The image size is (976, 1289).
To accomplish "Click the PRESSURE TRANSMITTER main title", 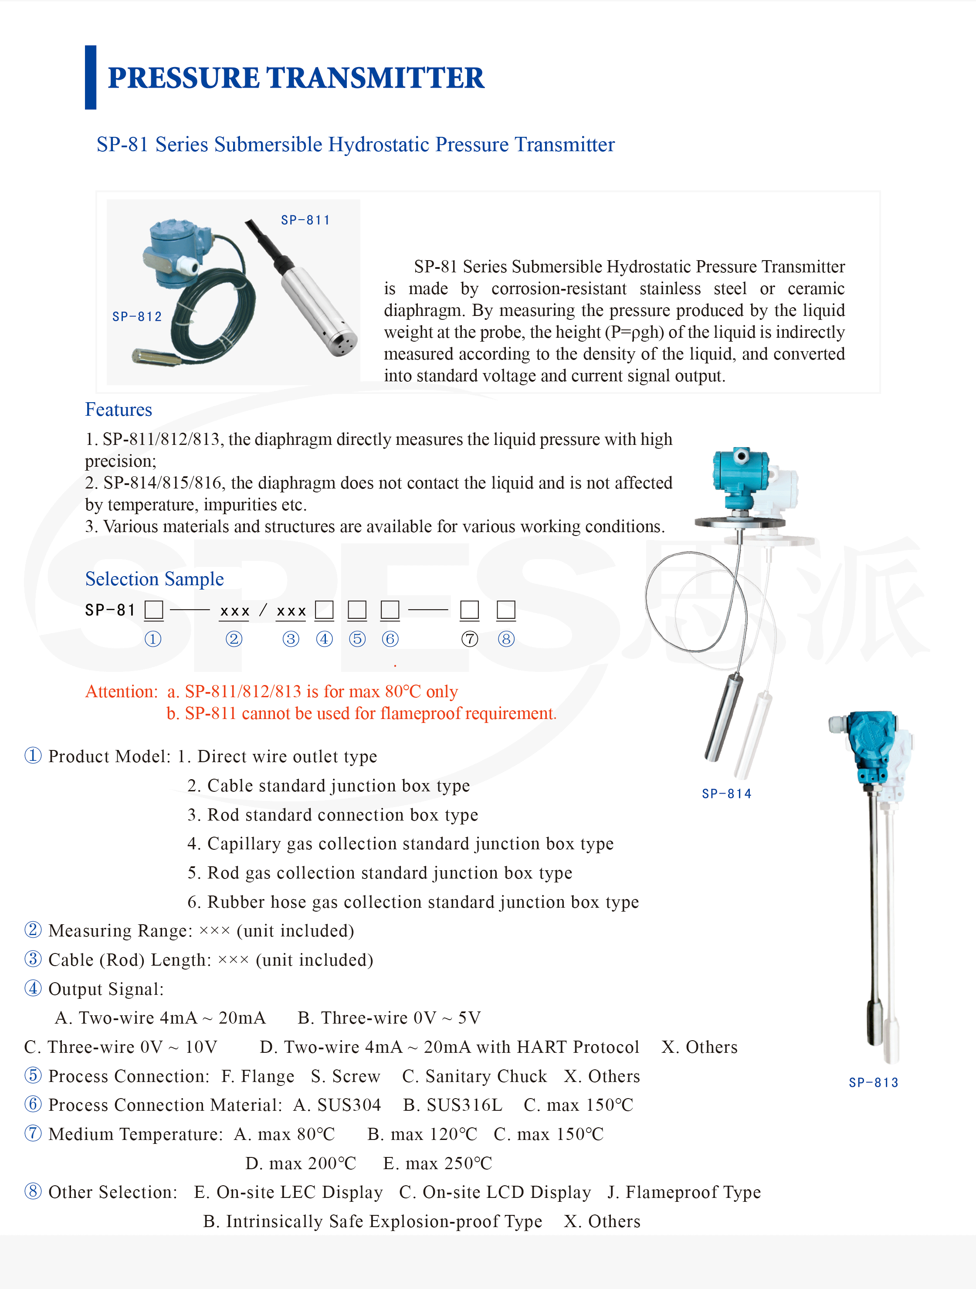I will [295, 78].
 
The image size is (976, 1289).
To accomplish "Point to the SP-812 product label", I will [137, 316].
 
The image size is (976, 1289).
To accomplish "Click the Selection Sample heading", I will [154, 579].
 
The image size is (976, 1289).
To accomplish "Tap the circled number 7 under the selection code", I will [470, 639].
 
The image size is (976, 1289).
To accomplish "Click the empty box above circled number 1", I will [154, 610].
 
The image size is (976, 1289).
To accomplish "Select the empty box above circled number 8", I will [506, 610].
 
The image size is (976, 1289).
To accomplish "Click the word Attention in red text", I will [122, 692].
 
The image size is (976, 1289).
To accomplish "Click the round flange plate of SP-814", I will [739, 522].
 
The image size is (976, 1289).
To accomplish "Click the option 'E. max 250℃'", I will [437, 1163].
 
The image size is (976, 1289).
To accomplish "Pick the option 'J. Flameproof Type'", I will [684, 1193].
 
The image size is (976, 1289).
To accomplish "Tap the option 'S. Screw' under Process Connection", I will [345, 1076].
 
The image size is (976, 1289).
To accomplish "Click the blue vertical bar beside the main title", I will [90, 78].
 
